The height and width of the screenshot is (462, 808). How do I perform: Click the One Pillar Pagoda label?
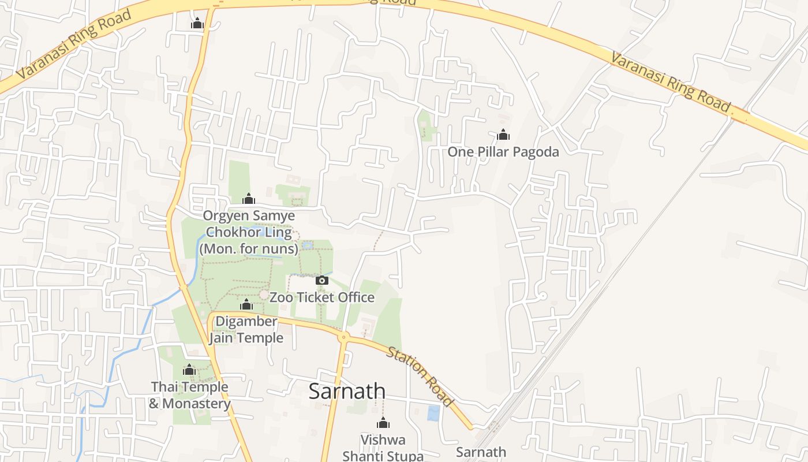pyautogui.click(x=503, y=152)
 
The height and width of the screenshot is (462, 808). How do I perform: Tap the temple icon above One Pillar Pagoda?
pyautogui.click(x=503, y=135)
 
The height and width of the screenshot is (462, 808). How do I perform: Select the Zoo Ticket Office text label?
pyautogui.click(x=322, y=297)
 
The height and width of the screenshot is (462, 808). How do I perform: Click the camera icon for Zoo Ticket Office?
pyautogui.click(x=322, y=281)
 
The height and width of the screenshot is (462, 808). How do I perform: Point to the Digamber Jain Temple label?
pyautogui.click(x=246, y=330)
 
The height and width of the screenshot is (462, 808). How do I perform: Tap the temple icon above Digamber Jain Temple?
pyautogui.click(x=246, y=305)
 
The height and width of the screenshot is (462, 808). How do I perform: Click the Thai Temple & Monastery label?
pyautogui.click(x=190, y=395)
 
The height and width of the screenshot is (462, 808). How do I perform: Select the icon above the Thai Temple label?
pyautogui.click(x=189, y=370)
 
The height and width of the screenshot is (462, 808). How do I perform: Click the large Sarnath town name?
pyautogui.click(x=347, y=391)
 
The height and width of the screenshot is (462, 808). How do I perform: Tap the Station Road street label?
pyautogui.click(x=420, y=376)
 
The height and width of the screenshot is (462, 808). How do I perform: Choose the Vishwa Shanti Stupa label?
pyautogui.click(x=383, y=448)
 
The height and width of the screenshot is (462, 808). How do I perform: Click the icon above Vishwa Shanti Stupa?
pyautogui.click(x=383, y=423)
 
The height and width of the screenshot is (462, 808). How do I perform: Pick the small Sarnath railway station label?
pyautogui.click(x=481, y=452)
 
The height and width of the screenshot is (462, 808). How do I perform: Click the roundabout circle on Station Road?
pyautogui.click(x=344, y=337)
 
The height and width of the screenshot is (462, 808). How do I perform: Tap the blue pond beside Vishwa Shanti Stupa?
pyautogui.click(x=433, y=413)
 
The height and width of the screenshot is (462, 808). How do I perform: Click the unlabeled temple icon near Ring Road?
pyautogui.click(x=197, y=24)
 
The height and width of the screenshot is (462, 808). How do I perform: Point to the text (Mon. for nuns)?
pyautogui.click(x=249, y=249)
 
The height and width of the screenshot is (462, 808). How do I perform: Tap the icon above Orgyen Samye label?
pyautogui.click(x=249, y=199)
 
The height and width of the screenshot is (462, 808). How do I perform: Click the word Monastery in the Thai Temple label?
pyautogui.click(x=197, y=403)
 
